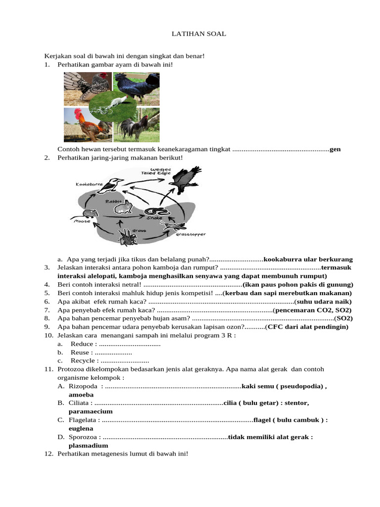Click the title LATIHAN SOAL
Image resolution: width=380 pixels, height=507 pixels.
coord(198,34)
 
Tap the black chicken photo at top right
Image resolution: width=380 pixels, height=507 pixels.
coord(137,88)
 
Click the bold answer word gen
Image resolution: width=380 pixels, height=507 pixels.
coord(335,149)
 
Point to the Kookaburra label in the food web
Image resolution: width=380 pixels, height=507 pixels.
coord(89,184)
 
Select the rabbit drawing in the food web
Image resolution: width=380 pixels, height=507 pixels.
coord(125,207)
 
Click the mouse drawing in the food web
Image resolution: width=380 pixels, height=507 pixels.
coord(89,214)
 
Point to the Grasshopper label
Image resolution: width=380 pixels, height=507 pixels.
coord(190,234)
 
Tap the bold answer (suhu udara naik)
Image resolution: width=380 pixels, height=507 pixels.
coord(323,302)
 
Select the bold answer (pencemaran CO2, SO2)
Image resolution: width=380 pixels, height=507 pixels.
coord(312,310)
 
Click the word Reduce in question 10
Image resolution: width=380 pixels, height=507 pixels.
coord(82,344)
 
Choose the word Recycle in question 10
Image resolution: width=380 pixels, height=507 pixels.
coord(83,360)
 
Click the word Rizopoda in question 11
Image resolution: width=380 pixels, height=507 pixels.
coord(83,386)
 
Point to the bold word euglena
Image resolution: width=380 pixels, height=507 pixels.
coord(81,428)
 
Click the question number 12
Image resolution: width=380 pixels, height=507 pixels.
coord(48,454)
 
